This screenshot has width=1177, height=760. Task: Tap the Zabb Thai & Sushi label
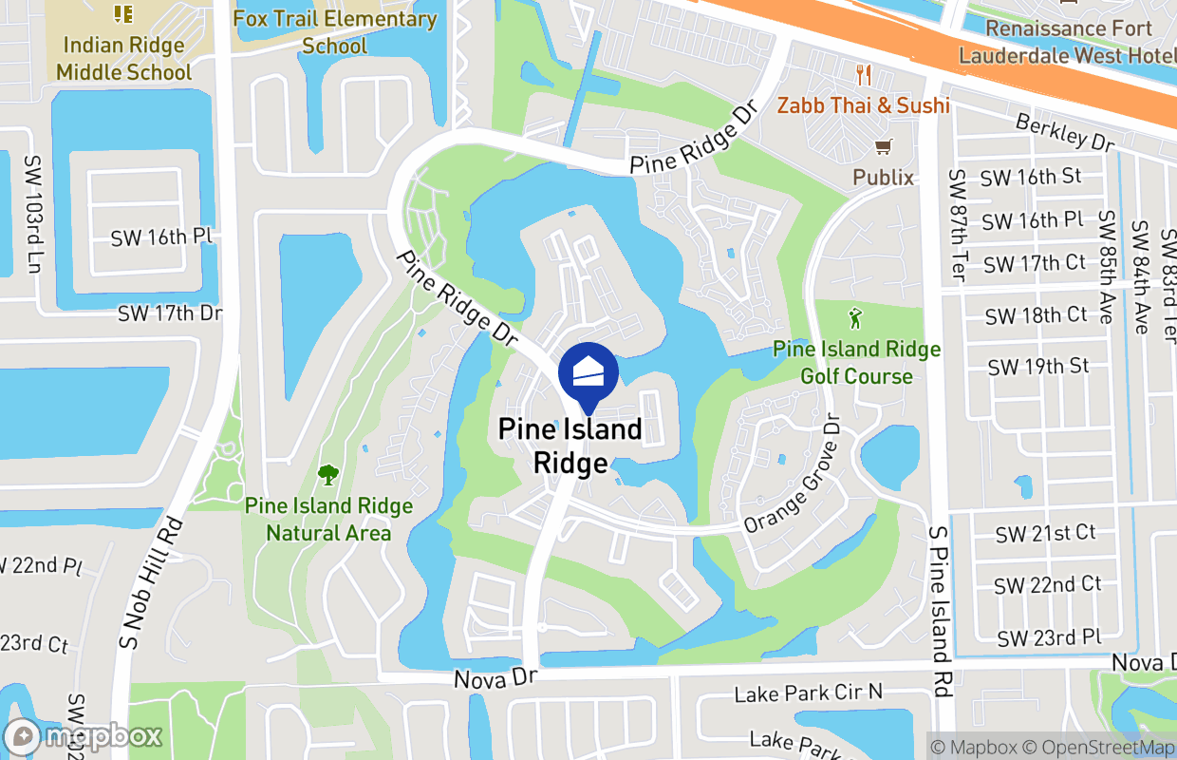pos(863,105)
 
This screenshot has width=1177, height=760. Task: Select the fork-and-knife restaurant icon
pos(863,75)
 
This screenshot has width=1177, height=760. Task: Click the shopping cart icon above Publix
pos(884,147)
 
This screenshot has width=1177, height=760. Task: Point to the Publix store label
pos(883,178)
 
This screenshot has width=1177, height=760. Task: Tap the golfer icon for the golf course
pos(856,317)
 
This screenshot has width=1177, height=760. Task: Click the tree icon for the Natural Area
pos(328,473)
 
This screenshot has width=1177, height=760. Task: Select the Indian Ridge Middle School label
pos(123,58)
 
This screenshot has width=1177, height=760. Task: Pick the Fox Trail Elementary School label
pos(335,32)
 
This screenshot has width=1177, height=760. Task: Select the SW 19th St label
pos(1038,367)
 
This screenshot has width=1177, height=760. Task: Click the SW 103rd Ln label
pos(34,213)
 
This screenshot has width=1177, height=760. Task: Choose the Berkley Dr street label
pos(1064,132)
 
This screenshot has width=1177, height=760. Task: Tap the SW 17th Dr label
pos(170,313)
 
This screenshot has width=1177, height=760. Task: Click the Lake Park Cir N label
pos(809,694)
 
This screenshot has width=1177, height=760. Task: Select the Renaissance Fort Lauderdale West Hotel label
pos(1068,42)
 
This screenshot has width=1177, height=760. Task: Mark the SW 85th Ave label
pos(1106,267)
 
